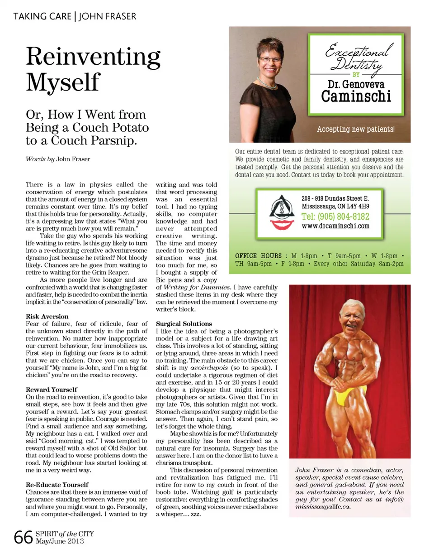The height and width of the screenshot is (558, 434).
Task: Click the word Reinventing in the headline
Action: coord(93,58)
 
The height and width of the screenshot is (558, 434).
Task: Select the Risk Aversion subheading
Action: coord(47,317)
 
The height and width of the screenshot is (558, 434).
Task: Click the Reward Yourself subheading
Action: coord(52,390)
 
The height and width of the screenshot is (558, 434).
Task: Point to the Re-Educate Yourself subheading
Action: coord(57,485)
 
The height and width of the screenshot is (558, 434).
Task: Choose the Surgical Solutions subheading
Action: coord(184,324)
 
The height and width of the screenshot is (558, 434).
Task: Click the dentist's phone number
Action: coord(335,216)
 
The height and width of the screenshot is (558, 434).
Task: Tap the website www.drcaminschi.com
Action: coord(335,226)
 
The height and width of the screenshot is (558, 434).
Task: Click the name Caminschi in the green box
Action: coord(356,96)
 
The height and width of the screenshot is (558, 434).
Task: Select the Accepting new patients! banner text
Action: coord(356,129)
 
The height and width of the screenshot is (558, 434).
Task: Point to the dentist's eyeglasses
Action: coord(270,59)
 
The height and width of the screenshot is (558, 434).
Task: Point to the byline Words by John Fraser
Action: coord(58,159)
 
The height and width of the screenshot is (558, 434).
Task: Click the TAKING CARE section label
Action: coord(42,17)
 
